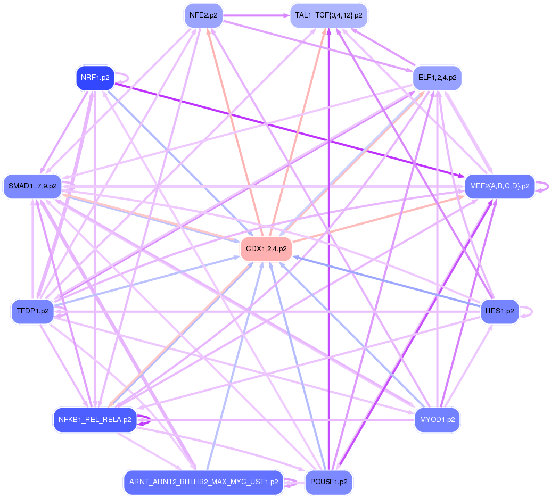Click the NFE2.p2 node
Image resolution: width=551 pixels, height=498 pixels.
point(203,15)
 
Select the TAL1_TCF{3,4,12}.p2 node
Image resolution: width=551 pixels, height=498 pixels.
point(328,15)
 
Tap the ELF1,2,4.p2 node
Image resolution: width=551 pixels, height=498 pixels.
point(437,78)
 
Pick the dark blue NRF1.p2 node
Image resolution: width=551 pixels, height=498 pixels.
point(95,78)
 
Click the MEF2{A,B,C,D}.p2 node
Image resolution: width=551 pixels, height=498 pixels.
point(500,186)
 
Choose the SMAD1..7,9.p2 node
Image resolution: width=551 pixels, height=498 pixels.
point(32,186)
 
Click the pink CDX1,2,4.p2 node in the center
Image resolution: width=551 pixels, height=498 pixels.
point(266,248)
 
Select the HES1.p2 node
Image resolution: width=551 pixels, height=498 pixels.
point(499,311)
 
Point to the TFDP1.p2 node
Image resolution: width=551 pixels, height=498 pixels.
point(32,311)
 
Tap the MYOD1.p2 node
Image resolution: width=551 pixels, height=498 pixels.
point(437,420)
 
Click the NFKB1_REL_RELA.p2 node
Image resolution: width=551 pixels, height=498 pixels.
point(95,420)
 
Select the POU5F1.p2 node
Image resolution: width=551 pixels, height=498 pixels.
point(328,482)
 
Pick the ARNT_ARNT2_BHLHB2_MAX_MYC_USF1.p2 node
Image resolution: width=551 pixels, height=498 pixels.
point(203,482)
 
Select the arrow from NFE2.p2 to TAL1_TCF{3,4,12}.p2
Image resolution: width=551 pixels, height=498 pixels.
point(256,15)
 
